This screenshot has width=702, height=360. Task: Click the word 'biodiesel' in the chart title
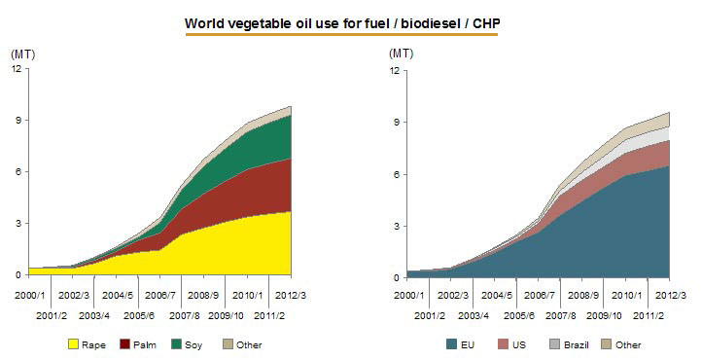point(431,23)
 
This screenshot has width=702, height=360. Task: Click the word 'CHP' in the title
point(486,23)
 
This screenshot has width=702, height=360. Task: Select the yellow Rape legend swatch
point(73,344)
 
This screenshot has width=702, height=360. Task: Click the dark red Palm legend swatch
point(124,344)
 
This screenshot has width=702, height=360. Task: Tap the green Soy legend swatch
point(176,344)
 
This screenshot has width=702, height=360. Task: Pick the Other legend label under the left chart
point(249,344)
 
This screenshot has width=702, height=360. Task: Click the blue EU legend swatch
point(452,344)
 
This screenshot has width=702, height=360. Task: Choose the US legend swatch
point(504,344)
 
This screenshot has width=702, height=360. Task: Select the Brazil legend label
point(577,344)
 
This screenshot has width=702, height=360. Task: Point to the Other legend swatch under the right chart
point(606,344)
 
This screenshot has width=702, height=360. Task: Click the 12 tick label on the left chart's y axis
point(17,68)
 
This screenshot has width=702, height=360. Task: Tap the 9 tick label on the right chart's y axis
point(397,123)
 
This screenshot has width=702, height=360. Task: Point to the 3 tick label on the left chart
point(18,224)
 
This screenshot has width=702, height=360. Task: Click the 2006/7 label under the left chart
point(160,296)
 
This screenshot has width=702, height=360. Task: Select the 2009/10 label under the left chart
point(227,315)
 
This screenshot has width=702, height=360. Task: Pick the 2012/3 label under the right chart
point(671,296)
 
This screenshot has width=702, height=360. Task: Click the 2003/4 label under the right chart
point(474,315)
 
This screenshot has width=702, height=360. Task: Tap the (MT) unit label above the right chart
point(402,54)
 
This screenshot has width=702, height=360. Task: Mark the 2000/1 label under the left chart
point(30,296)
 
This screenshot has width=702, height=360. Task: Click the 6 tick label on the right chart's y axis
point(397,174)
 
